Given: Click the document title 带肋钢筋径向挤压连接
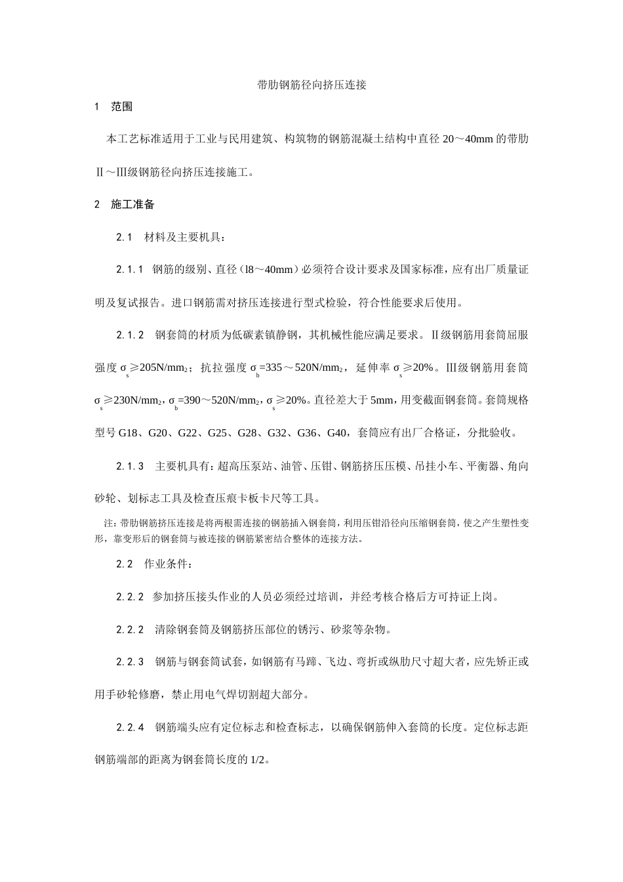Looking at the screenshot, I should tap(311, 85).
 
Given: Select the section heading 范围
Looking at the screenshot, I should tap(122, 107).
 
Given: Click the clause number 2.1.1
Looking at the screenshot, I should tap(130, 270).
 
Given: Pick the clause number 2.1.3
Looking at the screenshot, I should tap(130, 467).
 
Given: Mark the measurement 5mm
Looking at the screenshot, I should tap(382, 400).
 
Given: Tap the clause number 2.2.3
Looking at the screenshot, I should tap(130, 662).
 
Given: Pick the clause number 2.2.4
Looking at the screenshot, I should tap(130, 728).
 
